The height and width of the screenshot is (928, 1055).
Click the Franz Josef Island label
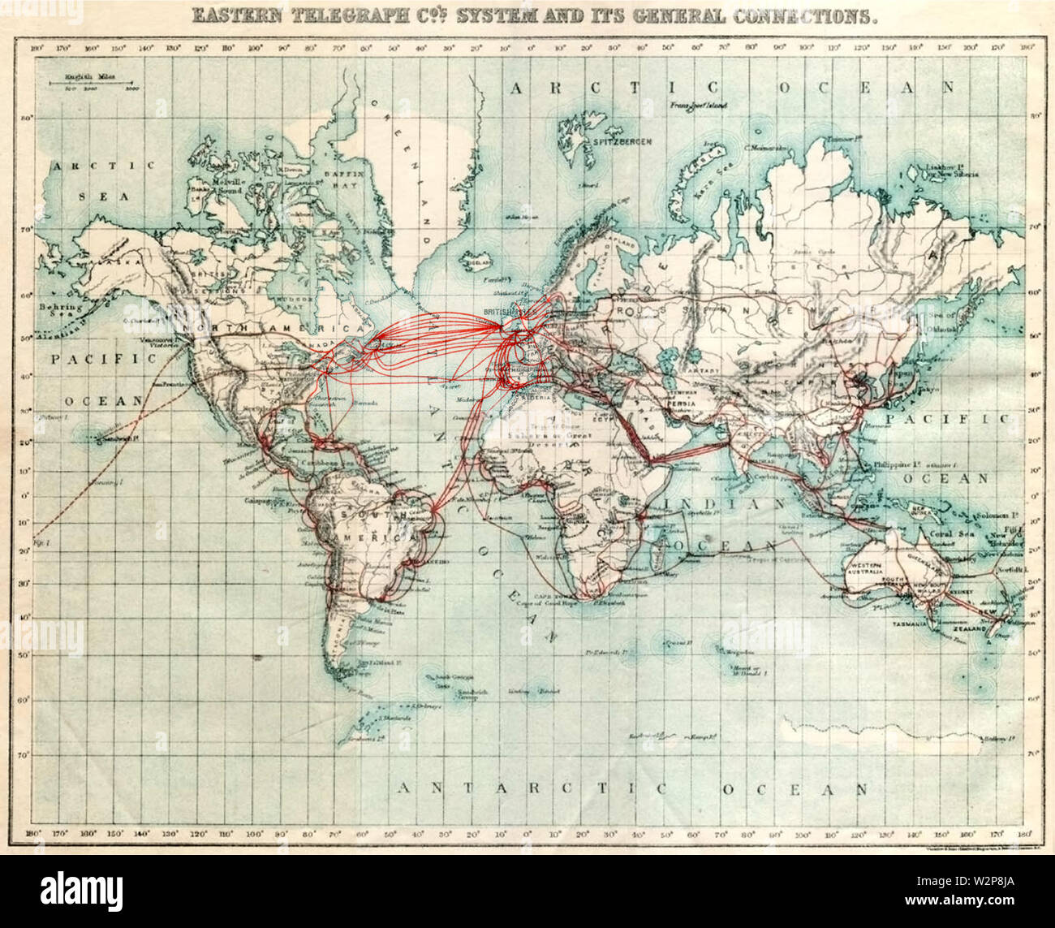pos(698,106)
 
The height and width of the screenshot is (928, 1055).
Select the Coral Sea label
pos(951,533)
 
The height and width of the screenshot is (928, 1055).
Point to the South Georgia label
pos(453,676)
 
